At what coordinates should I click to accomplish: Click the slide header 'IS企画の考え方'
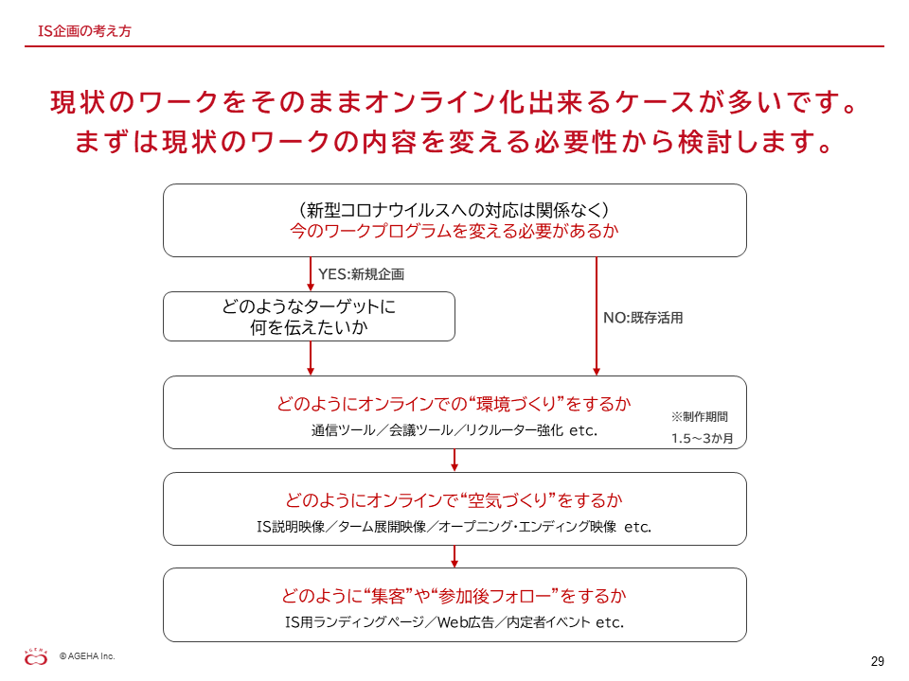pos(84,30)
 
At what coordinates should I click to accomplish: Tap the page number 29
pos(877,661)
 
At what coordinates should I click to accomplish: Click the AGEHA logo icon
pos(36,656)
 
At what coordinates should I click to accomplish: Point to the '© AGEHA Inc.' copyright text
pos(87,656)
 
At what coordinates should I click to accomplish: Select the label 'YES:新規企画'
pos(361,274)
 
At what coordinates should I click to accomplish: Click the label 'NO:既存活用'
pos(643,318)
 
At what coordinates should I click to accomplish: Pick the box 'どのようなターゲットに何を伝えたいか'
pos(309,316)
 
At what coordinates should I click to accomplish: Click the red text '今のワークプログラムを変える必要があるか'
pos(454,231)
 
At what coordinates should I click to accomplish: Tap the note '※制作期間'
pos(699,416)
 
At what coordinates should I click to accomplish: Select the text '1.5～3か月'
pos(702,438)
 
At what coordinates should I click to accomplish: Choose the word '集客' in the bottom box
pos(387,596)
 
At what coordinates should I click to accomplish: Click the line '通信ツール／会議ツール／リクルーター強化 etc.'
pos(454,430)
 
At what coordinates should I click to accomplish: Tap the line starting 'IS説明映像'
pos(454,527)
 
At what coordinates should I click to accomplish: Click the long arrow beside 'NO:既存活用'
pos(597,316)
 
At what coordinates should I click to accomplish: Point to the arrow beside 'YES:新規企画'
pos(311,274)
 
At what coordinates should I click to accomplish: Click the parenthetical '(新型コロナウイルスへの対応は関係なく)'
pos(454,210)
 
